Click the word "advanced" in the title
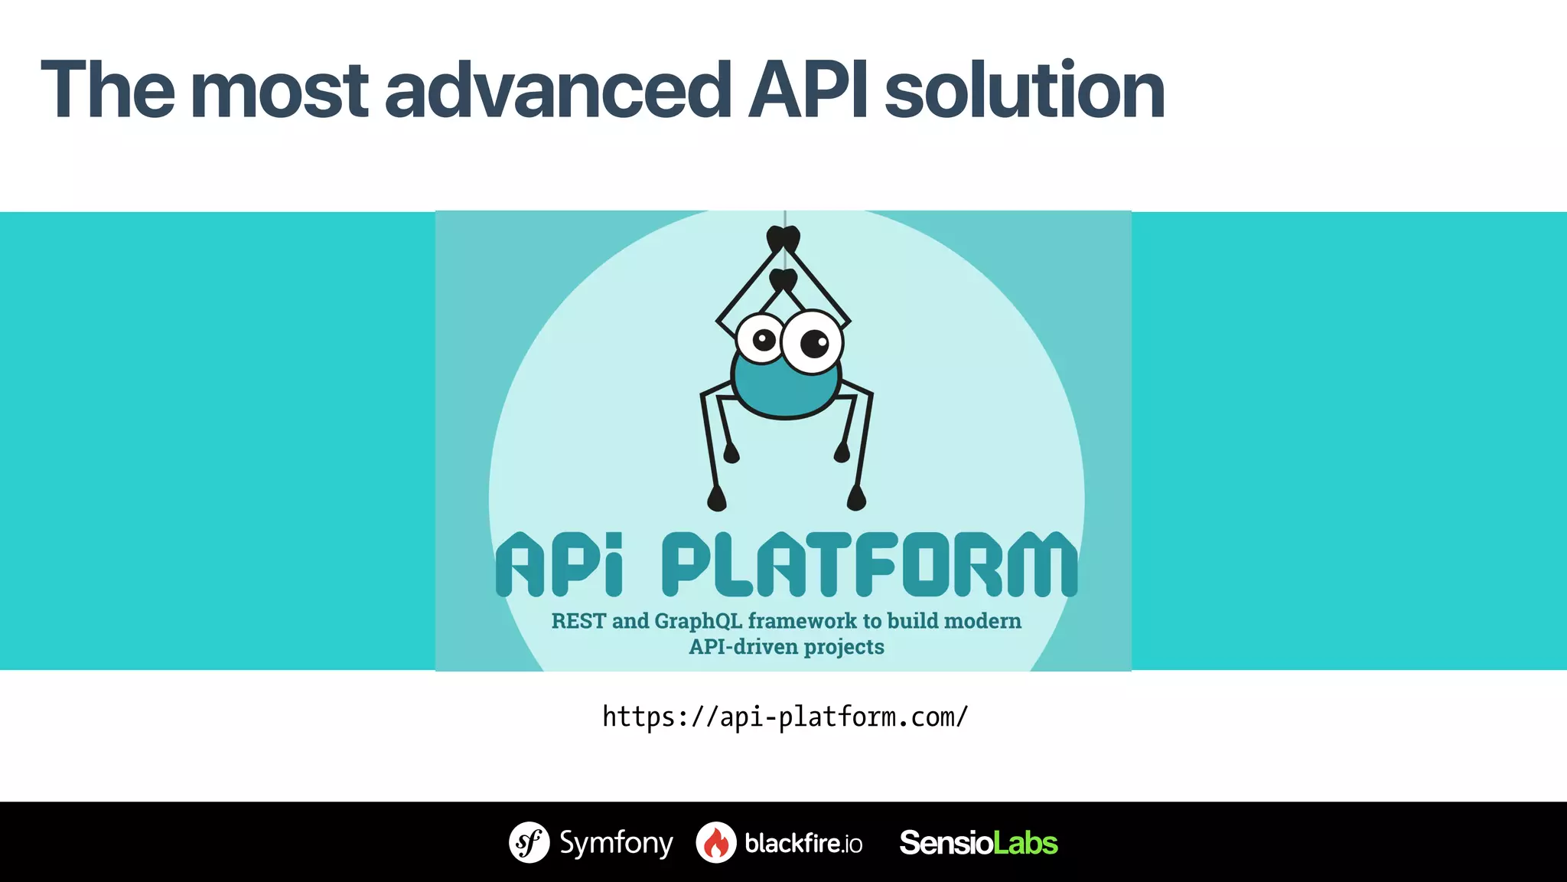pos(557,90)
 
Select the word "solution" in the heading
pos(1025,90)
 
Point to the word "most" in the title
pos(279,90)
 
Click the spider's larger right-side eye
pos(813,342)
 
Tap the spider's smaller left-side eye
pos(762,338)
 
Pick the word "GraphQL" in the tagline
pos(698,621)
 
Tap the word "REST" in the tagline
pos(578,621)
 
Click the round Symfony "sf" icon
pos(529,842)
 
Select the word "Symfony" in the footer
pos(616,843)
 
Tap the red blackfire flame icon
pos(716,842)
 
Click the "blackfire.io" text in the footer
pos(803,843)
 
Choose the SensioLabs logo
pos(979,843)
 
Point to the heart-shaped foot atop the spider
pos(783,239)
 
